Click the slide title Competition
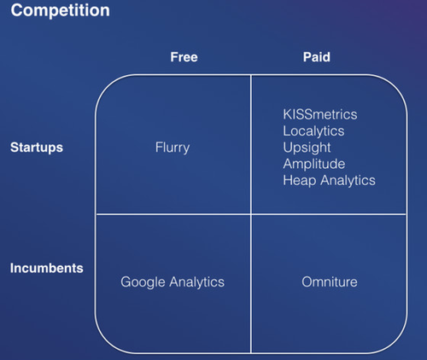coord(60,11)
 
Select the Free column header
coord(184,57)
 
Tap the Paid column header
coord(317,57)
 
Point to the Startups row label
coord(37,148)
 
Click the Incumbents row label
coord(47,268)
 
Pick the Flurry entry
coord(173,148)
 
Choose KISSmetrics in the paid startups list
coord(320,114)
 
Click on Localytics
coord(313,131)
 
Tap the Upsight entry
coord(307,148)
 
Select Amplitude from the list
coord(314,164)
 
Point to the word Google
coord(143,282)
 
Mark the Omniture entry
coord(330,282)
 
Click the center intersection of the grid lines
coord(251,214)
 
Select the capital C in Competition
coord(17,10)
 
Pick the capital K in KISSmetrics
coord(287,114)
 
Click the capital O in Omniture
coord(307,282)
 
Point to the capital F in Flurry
coord(159,147)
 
